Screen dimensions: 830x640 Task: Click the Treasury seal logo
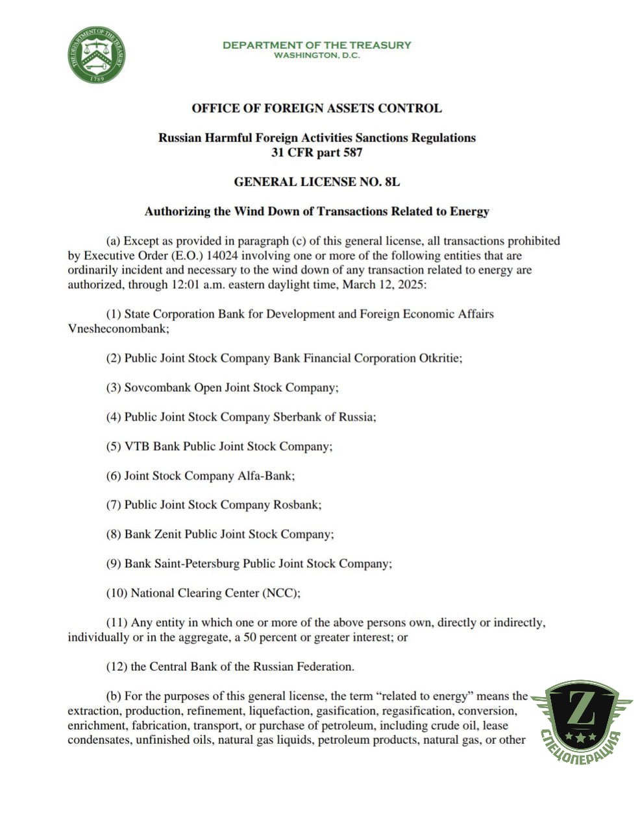97,55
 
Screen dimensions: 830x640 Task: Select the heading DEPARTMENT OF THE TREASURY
317,45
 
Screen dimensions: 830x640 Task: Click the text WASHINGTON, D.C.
317,56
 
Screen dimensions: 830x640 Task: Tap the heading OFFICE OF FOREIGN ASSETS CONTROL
317,108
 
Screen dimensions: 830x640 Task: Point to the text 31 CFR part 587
317,153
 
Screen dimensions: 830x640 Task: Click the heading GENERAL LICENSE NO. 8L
317,182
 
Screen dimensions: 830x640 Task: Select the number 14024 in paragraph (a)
223,255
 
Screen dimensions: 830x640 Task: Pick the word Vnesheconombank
117,329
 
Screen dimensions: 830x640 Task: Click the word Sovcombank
158,388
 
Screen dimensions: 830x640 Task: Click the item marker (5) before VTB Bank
114,447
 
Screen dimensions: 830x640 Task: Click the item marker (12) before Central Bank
117,667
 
